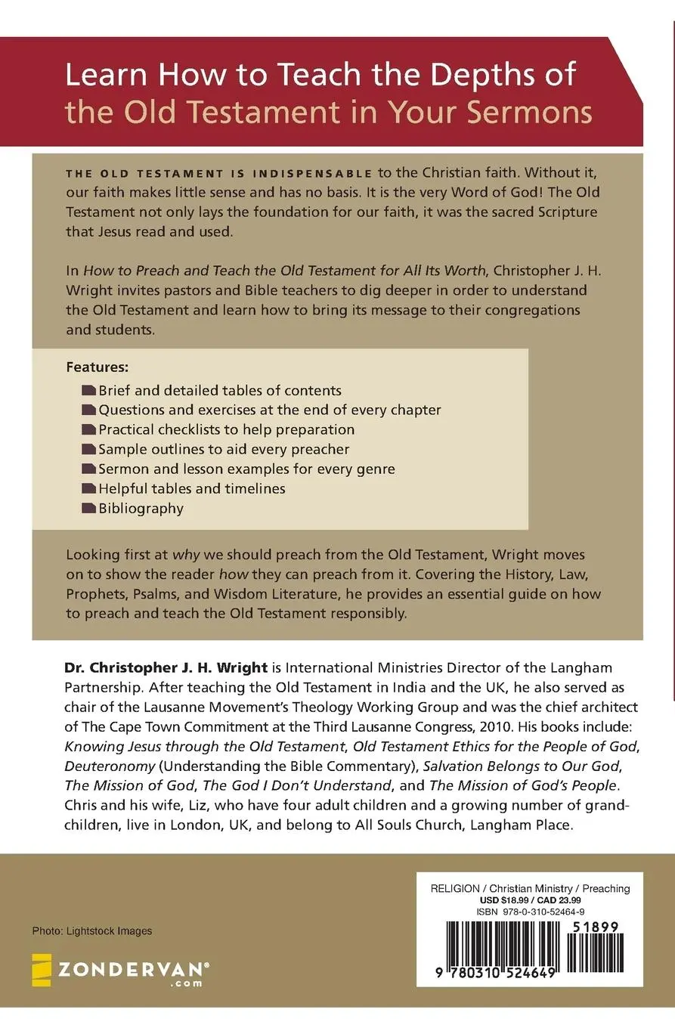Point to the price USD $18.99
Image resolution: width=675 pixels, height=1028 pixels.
pos(504,901)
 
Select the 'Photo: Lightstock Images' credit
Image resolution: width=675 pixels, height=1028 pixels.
pos(92,931)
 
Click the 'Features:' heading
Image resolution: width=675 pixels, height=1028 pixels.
pos(98,367)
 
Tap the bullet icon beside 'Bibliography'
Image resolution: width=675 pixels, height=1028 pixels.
pos(88,509)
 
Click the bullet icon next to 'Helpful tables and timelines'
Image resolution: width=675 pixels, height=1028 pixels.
pos(88,489)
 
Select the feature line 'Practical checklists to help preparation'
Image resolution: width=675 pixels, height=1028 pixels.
pos(226,430)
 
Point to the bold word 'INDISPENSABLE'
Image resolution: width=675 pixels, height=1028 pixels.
pos(315,174)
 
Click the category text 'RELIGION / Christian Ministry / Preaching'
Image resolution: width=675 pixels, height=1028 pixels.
pos(530,888)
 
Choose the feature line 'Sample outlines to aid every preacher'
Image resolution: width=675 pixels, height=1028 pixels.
pos(224,450)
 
